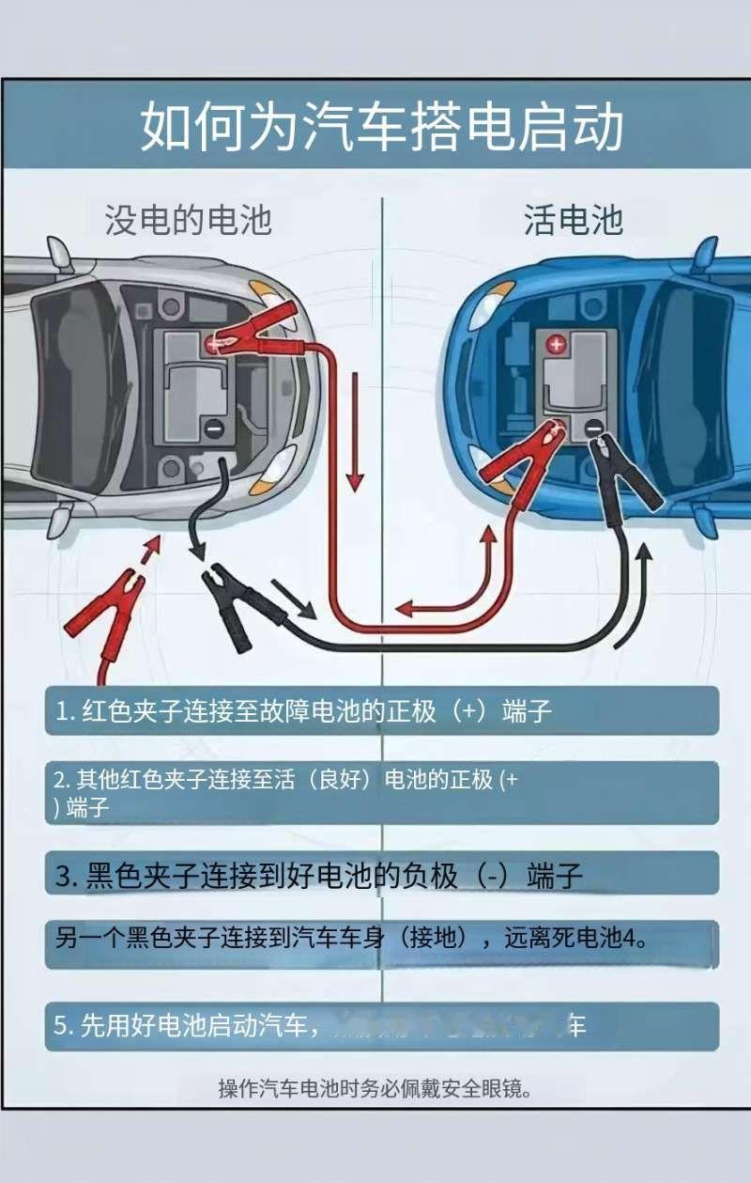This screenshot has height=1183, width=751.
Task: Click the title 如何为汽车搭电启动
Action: coord(381,128)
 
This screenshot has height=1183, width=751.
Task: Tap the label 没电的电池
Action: coord(188,220)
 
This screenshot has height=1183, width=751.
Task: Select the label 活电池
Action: coord(573,220)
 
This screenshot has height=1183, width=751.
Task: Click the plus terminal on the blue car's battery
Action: coord(557,345)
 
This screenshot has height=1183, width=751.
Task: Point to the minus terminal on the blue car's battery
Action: coord(594,429)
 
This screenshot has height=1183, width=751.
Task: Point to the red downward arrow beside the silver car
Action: coord(355,431)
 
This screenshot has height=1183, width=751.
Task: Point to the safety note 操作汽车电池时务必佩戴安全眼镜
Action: coord(375,1089)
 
